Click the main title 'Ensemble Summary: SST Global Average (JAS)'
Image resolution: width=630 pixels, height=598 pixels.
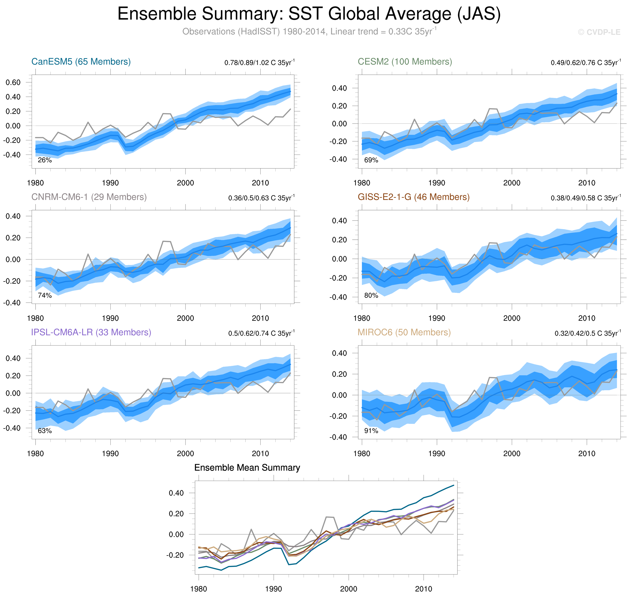[x=309, y=14]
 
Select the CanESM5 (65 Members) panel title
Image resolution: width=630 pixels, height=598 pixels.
[x=81, y=61]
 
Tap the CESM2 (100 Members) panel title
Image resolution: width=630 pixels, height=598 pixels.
[x=404, y=61]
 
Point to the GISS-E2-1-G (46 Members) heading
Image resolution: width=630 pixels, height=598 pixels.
[x=413, y=197]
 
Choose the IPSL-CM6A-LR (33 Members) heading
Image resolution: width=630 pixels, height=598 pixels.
[x=91, y=332]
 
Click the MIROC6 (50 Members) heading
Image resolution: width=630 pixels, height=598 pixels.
[x=404, y=332]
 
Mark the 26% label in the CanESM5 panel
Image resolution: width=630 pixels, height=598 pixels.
[x=45, y=160]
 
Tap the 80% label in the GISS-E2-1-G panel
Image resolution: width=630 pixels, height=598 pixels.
[x=371, y=296]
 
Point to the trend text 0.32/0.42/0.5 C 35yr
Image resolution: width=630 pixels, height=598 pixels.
[x=588, y=333]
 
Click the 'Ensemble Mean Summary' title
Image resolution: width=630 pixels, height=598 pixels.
[x=247, y=468]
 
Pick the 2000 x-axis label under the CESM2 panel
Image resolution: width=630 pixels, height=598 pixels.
[x=511, y=183]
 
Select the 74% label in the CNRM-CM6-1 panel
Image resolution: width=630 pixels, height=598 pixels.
[x=45, y=296]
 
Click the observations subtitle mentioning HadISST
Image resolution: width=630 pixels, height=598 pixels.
[x=309, y=32]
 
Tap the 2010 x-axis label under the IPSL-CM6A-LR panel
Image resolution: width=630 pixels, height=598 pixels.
[x=260, y=454]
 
